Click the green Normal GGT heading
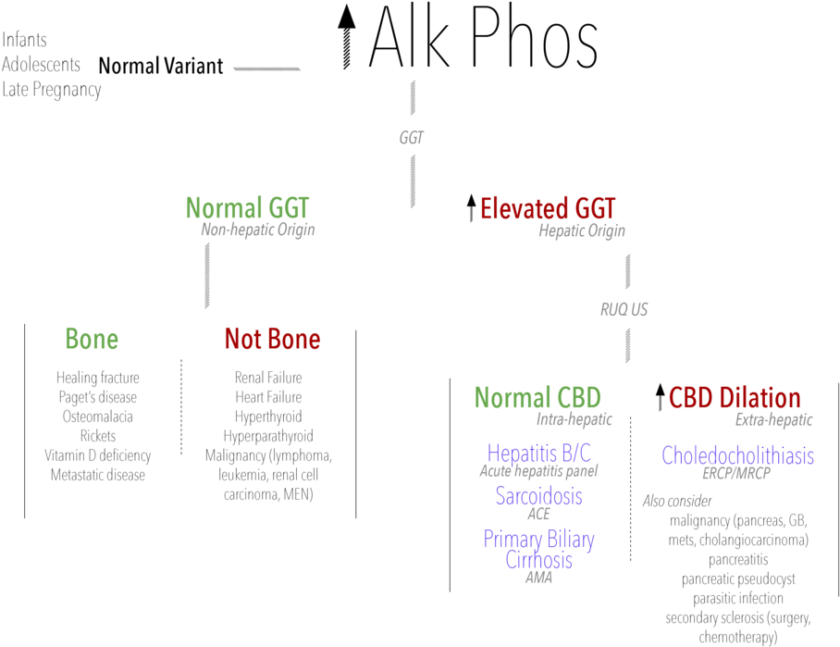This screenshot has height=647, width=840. pos(247,207)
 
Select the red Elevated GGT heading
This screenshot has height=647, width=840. pos(547,209)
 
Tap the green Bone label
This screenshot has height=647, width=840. pos(92,339)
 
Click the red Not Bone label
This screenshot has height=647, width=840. pos(272,339)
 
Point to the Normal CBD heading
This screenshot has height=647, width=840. pos(537,398)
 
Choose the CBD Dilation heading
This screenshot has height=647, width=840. pos(735,398)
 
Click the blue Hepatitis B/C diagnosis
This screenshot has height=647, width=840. pos(538,454)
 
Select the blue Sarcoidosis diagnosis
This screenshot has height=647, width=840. pos(538,496)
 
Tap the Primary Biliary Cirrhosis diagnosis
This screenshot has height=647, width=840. pos(538,549)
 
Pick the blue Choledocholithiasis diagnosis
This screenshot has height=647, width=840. pos(737,455)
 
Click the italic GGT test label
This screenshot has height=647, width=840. pos(412,138)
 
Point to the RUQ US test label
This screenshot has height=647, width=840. pos(624,310)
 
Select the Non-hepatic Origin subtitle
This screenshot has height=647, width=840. pos(258,230)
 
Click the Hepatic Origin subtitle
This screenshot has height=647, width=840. pos(582,230)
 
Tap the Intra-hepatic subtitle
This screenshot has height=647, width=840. pos(574,419)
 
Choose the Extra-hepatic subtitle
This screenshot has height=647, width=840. pos(774,419)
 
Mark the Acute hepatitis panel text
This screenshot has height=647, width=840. pos(538,471)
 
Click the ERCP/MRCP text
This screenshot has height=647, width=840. pos(736,473)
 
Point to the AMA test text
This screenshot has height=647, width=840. pos(538,578)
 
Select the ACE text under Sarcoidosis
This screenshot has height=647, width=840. pos(538,514)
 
